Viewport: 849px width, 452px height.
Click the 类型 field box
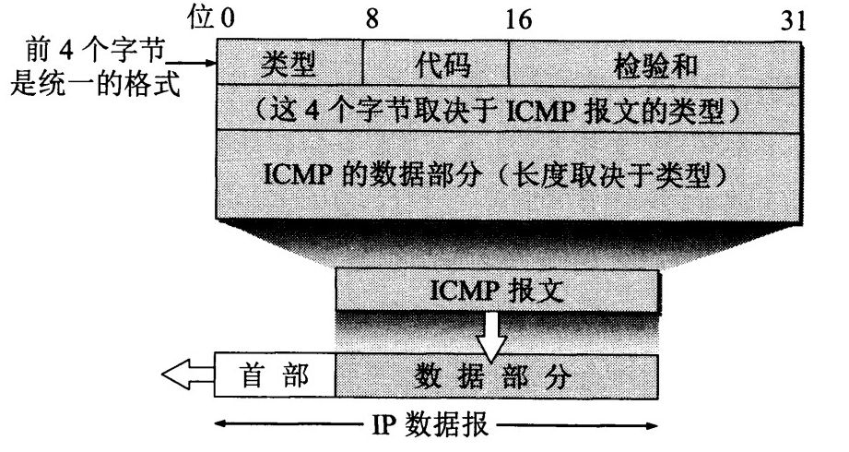click(x=289, y=65)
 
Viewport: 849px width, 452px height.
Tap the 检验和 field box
click(x=652, y=65)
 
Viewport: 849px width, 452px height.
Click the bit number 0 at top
click(x=227, y=19)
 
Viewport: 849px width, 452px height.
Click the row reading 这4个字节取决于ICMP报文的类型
click(x=507, y=110)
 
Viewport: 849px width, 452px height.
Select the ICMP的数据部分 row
click(x=507, y=173)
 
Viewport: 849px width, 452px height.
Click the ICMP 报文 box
click(x=498, y=291)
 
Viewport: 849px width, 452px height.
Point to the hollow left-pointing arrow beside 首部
click(x=187, y=376)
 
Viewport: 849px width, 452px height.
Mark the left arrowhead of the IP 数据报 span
click(x=221, y=427)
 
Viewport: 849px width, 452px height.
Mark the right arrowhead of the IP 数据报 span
click(x=654, y=427)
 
